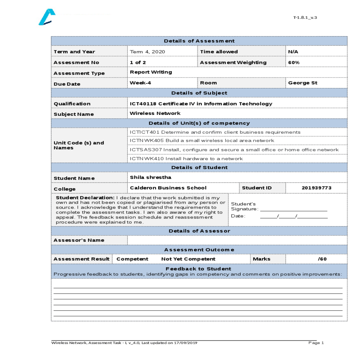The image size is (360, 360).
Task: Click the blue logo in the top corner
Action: pyautogui.click(x=47, y=17)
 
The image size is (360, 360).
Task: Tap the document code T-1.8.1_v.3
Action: pyautogui.click(x=305, y=18)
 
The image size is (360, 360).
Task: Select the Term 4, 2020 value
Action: pyautogui.click(x=147, y=52)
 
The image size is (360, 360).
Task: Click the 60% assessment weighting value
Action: pyautogui.click(x=294, y=63)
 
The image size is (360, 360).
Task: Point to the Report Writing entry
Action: pyautogui.click(x=151, y=72)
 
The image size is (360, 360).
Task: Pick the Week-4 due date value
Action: pyautogui.click(x=140, y=83)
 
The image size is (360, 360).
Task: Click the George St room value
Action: pyautogui.click(x=302, y=83)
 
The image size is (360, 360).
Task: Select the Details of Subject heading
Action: pyautogui.click(x=199, y=93)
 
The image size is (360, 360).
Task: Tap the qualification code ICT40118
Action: pyautogui.click(x=143, y=104)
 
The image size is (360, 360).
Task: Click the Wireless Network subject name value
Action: pyautogui.click(x=155, y=113)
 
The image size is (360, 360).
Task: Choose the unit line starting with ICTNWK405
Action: pyautogui.click(x=202, y=141)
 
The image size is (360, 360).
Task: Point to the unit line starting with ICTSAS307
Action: pyautogui.click(x=234, y=150)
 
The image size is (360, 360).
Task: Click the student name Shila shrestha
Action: pyautogui.click(x=151, y=177)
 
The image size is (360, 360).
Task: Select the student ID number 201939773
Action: pyautogui.click(x=316, y=188)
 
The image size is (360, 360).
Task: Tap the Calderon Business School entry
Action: pyautogui.click(x=168, y=188)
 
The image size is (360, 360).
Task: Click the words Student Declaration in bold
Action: pyautogui.click(x=85, y=198)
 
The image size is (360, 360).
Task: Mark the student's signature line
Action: pyautogui.click(x=293, y=209)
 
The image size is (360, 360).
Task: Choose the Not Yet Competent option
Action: pyautogui.click(x=188, y=259)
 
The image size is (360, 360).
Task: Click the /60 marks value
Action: pyautogui.click(x=322, y=259)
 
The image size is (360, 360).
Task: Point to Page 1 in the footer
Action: pyautogui.click(x=316, y=343)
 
